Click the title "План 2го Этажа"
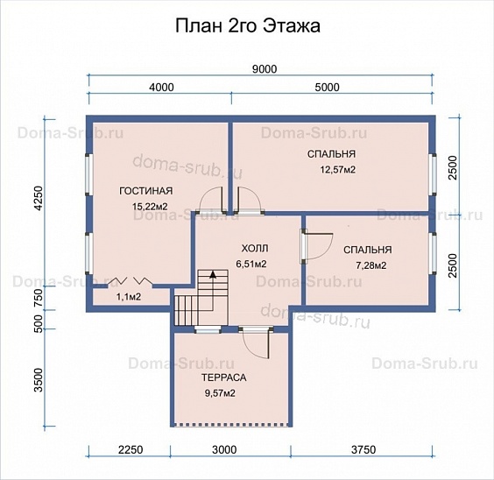(x=248, y=25)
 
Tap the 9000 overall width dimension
(x=265, y=69)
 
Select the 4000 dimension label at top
(x=161, y=87)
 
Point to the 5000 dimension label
(x=328, y=87)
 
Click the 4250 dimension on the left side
(x=39, y=198)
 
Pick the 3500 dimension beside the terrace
(x=39, y=380)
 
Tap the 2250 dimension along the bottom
(x=131, y=449)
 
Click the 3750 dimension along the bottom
(x=363, y=449)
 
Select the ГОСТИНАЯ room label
(x=146, y=191)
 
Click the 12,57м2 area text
(x=338, y=170)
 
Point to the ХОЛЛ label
(x=255, y=249)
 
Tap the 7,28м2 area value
(x=371, y=265)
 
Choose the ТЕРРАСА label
(x=224, y=378)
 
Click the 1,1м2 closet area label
(x=129, y=297)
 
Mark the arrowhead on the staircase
(x=213, y=274)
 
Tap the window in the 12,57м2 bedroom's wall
(x=434, y=173)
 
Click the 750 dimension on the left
(x=39, y=298)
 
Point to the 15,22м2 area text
(x=150, y=207)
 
